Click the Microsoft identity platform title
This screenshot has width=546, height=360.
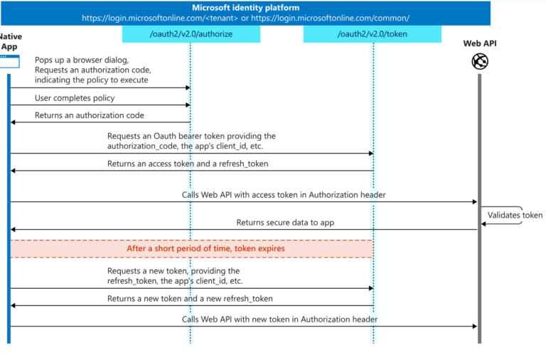245,8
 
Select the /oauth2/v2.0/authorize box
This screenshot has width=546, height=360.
191,34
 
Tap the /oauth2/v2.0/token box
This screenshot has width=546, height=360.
372,34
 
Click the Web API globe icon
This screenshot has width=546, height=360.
479,62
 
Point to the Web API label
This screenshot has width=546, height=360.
479,44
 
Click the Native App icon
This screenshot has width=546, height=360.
9,63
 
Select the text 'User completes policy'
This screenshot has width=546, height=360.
75,97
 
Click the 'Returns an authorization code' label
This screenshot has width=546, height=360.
90,115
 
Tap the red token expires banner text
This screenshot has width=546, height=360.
205,249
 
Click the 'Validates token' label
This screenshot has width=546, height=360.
515,216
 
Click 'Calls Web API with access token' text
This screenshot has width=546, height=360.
279,194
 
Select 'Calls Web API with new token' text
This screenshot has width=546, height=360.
279,319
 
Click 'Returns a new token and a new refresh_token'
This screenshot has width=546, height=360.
190,299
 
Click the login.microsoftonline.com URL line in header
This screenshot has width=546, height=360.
245,18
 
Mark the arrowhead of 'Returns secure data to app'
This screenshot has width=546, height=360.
13,230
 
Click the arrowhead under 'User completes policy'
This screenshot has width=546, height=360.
188,105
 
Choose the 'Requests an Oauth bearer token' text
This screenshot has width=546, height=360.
191,136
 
